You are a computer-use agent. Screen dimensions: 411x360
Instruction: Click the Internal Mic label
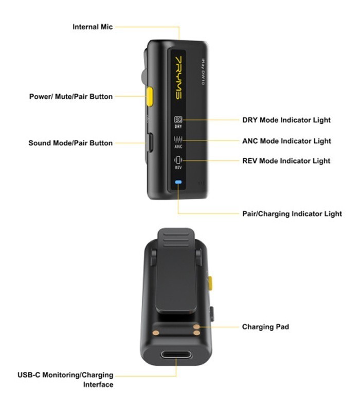(93, 27)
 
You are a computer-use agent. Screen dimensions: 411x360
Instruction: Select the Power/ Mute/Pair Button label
(71, 96)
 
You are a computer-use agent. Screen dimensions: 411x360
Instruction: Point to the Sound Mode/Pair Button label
(70, 143)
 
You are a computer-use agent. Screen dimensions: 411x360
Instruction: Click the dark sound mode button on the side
(150, 142)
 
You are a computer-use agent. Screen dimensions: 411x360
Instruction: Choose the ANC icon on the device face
(178, 141)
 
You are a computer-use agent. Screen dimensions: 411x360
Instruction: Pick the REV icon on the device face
(178, 161)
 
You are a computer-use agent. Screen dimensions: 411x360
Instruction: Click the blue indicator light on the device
(178, 182)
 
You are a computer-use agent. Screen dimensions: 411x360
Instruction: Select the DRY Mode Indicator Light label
(286, 120)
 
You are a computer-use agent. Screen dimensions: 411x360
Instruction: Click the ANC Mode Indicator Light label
(286, 141)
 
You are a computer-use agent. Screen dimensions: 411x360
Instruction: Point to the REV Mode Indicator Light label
(286, 161)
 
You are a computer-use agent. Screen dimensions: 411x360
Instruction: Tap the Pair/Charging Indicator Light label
(292, 214)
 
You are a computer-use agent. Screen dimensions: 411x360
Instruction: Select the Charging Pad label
(265, 327)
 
